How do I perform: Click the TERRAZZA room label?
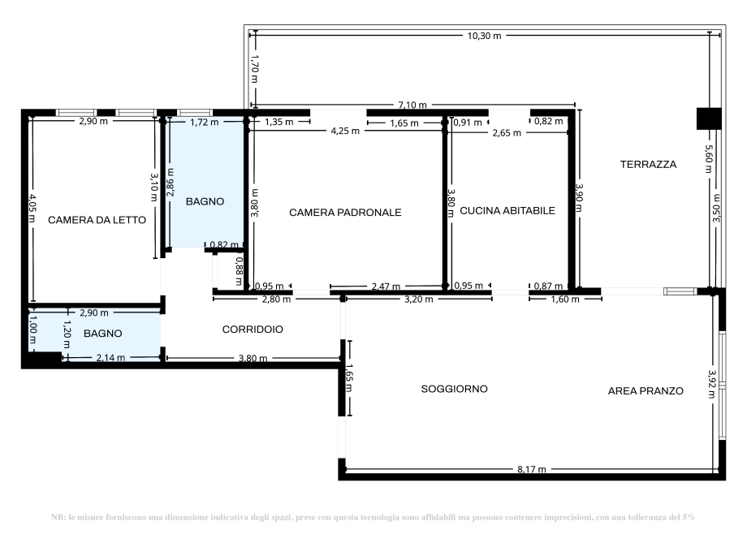coord(648,164)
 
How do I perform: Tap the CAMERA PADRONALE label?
coord(345,212)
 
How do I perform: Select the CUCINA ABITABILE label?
coord(507,210)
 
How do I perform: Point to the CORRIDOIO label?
coord(253,330)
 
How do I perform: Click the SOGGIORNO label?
coord(454,389)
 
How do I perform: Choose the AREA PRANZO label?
coord(646,390)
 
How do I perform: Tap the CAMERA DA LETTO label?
coord(97,220)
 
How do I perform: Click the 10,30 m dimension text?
coord(484,36)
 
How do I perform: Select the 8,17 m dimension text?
coord(531,469)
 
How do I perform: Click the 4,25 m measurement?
coord(345,131)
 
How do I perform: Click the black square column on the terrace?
coord(709,118)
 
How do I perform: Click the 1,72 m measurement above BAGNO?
coord(204,123)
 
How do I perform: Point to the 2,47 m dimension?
coord(386,286)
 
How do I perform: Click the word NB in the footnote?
coord(57,517)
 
